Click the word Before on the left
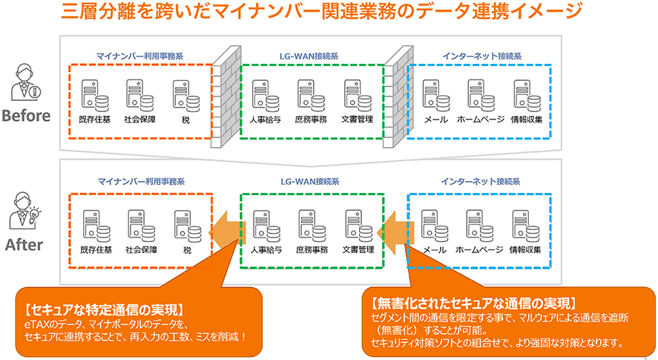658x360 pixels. pyautogui.click(x=27, y=116)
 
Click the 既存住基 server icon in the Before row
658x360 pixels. pyautogui.click(x=94, y=94)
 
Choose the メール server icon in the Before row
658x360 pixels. pyautogui.click(x=434, y=94)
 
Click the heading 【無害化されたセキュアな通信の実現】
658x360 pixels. pyautogui.click(x=472, y=303)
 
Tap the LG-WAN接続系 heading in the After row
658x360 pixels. pyautogui.click(x=310, y=180)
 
